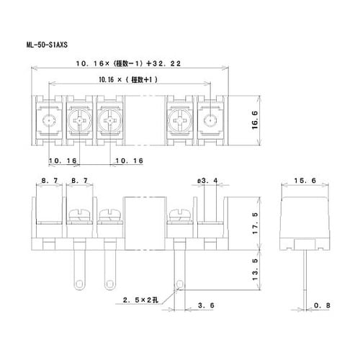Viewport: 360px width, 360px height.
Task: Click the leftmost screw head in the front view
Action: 78,214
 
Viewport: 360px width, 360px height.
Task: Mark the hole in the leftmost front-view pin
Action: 78,281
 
